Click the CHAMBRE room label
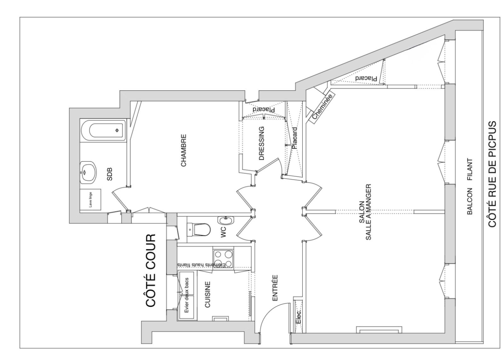click(184, 151)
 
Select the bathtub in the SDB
click(103, 130)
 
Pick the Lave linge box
click(90, 200)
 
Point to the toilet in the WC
click(199, 230)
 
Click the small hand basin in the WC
click(226, 220)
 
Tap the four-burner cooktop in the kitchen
click(223, 259)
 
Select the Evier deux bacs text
click(186, 295)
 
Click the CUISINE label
click(208, 294)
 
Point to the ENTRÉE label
click(275, 288)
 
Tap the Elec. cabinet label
click(298, 317)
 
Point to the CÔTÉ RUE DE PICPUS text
click(492, 174)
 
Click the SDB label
click(109, 174)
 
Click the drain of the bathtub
click(117, 130)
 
